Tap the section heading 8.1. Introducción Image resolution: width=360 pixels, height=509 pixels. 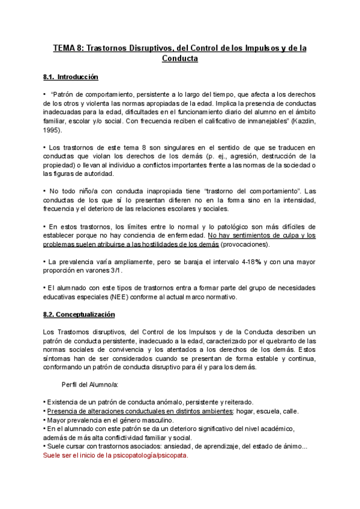71,77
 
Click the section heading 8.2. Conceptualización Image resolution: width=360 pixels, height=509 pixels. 79,315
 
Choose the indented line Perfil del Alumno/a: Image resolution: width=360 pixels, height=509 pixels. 90,385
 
